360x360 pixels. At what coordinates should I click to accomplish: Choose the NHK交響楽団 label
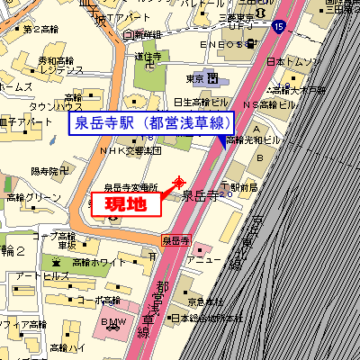130,150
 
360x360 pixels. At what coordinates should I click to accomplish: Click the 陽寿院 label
50,170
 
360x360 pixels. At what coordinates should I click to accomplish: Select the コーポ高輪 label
96,300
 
